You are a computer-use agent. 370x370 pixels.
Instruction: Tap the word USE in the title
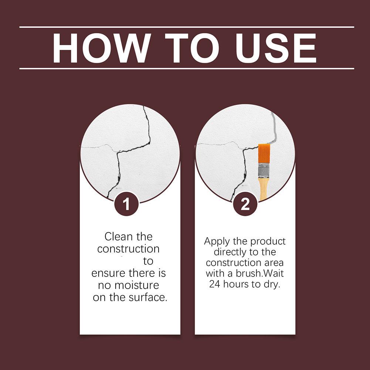coord(276,48)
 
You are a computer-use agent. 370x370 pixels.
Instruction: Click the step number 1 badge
coord(126,204)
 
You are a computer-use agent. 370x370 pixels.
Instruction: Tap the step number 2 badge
coord(245,204)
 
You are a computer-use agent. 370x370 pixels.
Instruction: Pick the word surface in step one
coord(148,297)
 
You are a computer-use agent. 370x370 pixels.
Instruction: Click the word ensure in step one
coord(108,274)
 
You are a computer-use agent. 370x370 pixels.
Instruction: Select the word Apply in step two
coord(217,242)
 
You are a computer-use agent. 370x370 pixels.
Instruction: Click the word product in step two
coord(268,242)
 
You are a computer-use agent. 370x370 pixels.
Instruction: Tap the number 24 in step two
coord(215,284)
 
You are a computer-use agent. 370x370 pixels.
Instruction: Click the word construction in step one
coord(128,249)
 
